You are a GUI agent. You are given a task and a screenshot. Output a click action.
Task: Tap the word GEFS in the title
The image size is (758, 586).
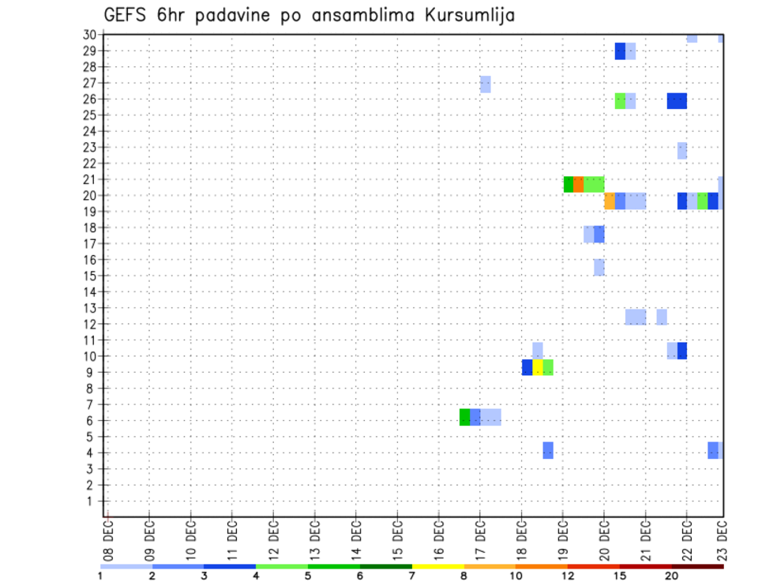[x=126, y=15]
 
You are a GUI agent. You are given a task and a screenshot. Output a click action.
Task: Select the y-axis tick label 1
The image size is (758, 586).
[x=92, y=501]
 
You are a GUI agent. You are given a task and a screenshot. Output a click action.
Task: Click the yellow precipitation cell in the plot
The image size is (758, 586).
[x=538, y=367]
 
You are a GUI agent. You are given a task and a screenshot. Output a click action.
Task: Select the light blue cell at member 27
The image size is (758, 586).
[x=486, y=84]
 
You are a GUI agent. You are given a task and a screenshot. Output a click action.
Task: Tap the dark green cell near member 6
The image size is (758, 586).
[x=465, y=416]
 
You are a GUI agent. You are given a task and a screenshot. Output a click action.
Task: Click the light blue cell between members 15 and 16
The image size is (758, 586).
[x=599, y=267]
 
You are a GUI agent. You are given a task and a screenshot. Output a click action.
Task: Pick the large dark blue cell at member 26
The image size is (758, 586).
[x=677, y=100]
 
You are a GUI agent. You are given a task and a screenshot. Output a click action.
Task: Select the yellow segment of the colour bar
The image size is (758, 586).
[x=438, y=566]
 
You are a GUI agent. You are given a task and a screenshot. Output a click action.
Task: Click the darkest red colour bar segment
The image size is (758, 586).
[x=698, y=566]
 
